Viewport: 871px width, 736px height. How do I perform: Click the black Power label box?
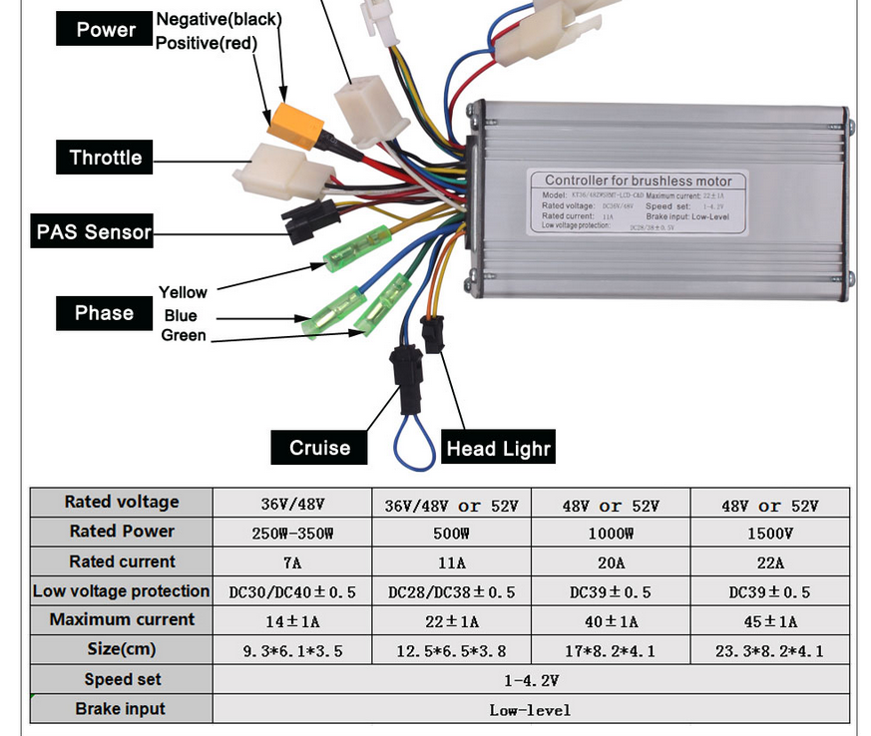point(106,30)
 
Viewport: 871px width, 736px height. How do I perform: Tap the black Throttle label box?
point(106,158)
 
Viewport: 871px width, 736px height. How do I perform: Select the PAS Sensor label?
point(93,232)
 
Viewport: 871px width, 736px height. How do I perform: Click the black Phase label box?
point(104,313)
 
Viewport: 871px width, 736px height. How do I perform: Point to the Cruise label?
point(319,448)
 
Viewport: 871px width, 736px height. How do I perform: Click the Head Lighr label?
point(498,448)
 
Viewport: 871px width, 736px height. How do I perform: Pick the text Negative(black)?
point(219,19)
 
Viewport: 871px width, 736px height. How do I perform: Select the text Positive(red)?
point(207,43)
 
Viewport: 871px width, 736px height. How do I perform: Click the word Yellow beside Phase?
point(183,292)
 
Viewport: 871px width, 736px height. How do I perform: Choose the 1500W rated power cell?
point(769,533)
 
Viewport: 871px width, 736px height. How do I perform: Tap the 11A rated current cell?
point(451,562)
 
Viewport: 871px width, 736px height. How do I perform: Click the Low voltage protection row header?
point(121,591)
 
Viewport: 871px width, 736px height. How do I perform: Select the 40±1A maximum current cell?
point(610,621)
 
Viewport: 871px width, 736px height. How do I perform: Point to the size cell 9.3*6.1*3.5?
point(292,651)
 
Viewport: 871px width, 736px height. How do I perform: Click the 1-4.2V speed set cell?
point(531,680)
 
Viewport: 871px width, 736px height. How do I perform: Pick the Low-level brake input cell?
point(531,710)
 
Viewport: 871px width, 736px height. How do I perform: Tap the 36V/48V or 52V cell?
point(451,505)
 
